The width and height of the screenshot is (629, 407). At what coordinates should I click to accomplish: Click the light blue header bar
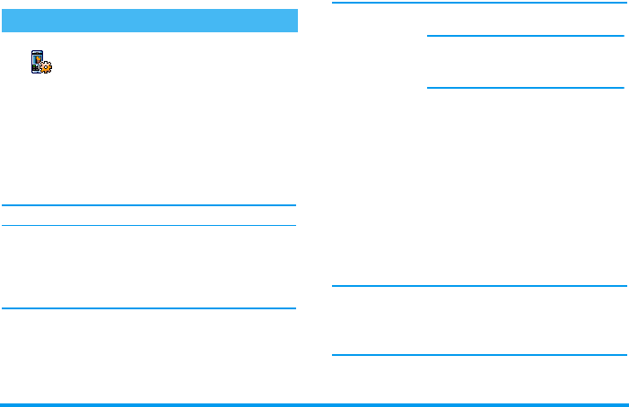(x=149, y=20)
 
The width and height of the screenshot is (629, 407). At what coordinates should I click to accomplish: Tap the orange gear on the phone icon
(x=47, y=66)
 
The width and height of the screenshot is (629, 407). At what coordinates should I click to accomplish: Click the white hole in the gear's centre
(x=47, y=67)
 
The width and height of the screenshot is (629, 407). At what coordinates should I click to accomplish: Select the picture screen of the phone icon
(x=38, y=58)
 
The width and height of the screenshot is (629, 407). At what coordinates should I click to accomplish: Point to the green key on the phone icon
(x=34, y=66)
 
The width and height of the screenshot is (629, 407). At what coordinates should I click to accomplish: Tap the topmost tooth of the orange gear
(x=47, y=61)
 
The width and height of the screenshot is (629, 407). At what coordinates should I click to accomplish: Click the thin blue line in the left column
(x=149, y=226)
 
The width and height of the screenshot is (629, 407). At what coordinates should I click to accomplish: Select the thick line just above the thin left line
(x=149, y=205)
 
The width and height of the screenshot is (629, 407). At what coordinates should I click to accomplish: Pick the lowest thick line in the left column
(x=149, y=308)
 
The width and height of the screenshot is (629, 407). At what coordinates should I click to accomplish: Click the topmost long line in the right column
(x=478, y=4)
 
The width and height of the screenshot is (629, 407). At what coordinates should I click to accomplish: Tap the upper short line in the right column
(x=525, y=37)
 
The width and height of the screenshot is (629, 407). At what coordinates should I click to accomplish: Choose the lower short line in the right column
(x=525, y=88)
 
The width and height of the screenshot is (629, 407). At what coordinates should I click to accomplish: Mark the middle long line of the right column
(x=478, y=287)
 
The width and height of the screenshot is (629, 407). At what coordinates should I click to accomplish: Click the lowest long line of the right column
(x=478, y=356)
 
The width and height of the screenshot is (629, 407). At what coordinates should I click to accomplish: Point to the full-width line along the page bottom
(x=314, y=404)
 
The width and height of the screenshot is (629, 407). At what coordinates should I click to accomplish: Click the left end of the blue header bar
(x=4, y=20)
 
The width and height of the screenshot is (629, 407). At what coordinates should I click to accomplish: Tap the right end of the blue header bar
(x=293, y=20)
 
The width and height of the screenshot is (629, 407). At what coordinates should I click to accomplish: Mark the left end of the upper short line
(x=429, y=37)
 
